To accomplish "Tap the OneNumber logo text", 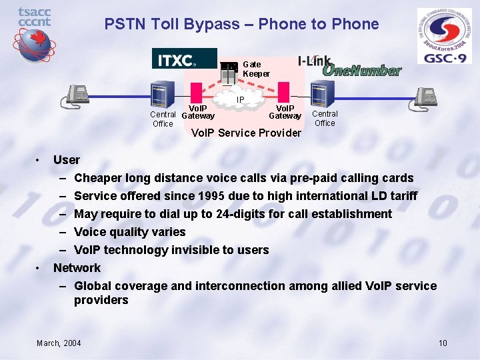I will click(361, 70).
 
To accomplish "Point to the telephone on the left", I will click(75, 96).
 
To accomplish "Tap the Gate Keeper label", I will click(256, 69).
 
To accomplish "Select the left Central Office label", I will click(163, 119).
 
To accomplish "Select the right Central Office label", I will click(325, 118).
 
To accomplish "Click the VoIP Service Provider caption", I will click(246, 133).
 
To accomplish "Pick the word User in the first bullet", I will click(66, 160).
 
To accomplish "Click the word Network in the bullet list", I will click(77, 268).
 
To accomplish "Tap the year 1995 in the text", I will click(233, 196).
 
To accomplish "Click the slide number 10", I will click(443, 343).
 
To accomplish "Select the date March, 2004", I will click(59, 343).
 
